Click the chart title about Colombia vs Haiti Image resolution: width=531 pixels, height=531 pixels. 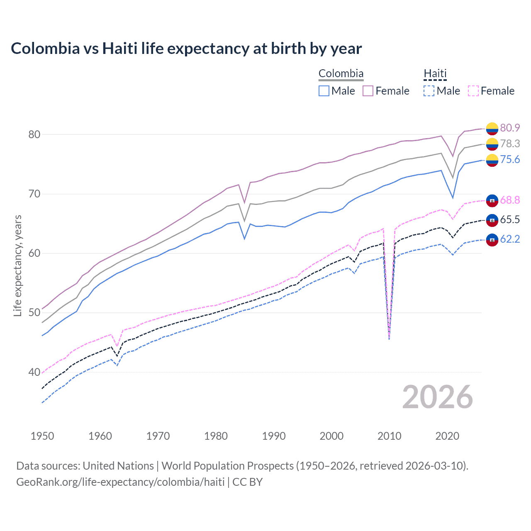click(x=186, y=49)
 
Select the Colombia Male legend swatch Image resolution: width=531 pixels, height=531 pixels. click(x=324, y=91)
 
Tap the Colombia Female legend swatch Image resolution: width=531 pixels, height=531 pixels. click(x=368, y=91)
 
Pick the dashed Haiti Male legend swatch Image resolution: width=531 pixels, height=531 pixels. click(x=429, y=91)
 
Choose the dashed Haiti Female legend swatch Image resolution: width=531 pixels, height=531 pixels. click(x=473, y=91)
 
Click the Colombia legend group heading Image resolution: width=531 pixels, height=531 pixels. click(x=341, y=73)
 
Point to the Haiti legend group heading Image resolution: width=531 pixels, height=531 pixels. click(x=435, y=73)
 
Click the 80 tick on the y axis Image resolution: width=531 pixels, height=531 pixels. click(x=34, y=134)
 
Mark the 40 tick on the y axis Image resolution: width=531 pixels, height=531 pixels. click(x=34, y=372)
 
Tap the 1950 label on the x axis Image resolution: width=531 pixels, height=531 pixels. click(x=42, y=436)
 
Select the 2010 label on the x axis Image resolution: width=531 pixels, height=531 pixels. click(x=389, y=436)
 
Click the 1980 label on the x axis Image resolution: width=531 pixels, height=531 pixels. click(x=216, y=436)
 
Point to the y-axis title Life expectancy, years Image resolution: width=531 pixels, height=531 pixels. click(x=18, y=265)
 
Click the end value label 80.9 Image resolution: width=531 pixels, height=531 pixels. click(x=510, y=128)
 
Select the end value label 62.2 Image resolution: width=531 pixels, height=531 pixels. click(x=510, y=239)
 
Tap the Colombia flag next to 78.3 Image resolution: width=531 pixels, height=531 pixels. click(x=492, y=144)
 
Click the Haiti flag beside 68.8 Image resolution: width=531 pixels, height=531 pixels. click(x=492, y=200)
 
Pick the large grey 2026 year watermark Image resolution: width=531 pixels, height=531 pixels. click(x=437, y=397)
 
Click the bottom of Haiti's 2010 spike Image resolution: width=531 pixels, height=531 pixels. click(x=389, y=339)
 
